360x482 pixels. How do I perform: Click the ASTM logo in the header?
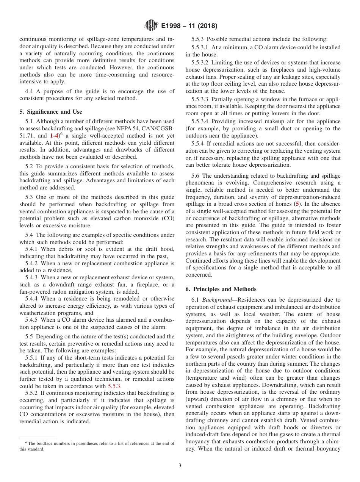151,26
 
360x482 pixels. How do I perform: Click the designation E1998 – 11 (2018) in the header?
189,26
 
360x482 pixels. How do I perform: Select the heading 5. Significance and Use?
50,112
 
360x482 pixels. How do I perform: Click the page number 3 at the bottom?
180,465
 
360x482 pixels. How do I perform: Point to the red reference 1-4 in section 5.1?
54,135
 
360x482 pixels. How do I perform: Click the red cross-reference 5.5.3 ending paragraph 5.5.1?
114,386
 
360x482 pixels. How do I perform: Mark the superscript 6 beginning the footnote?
26,442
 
